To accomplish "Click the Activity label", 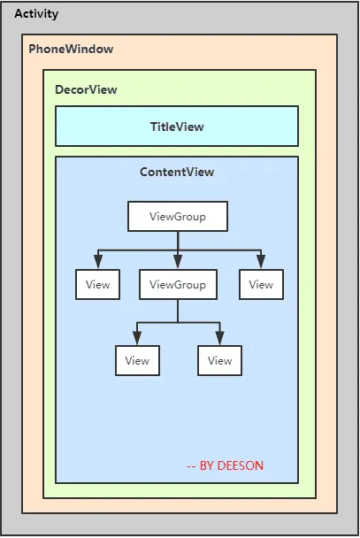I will (x=37, y=14).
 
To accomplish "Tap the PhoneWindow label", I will (x=71, y=49).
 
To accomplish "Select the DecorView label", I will (x=86, y=89).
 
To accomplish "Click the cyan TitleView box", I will (x=177, y=127).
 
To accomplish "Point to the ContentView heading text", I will (x=177, y=172).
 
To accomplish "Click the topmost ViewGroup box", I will (x=178, y=217).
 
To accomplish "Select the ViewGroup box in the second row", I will (x=178, y=285).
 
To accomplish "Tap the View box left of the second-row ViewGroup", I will (x=97, y=285).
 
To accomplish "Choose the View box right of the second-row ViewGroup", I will (x=261, y=285).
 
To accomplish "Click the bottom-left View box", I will (x=137, y=360).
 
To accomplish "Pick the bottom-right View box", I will (x=219, y=360).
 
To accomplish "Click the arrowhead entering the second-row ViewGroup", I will (x=178, y=261).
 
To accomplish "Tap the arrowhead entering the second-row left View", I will (x=97, y=261).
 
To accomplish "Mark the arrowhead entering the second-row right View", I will (x=261, y=261).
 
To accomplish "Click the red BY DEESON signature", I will (x=225, y=465).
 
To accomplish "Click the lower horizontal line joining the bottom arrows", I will (x=178, y=323).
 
